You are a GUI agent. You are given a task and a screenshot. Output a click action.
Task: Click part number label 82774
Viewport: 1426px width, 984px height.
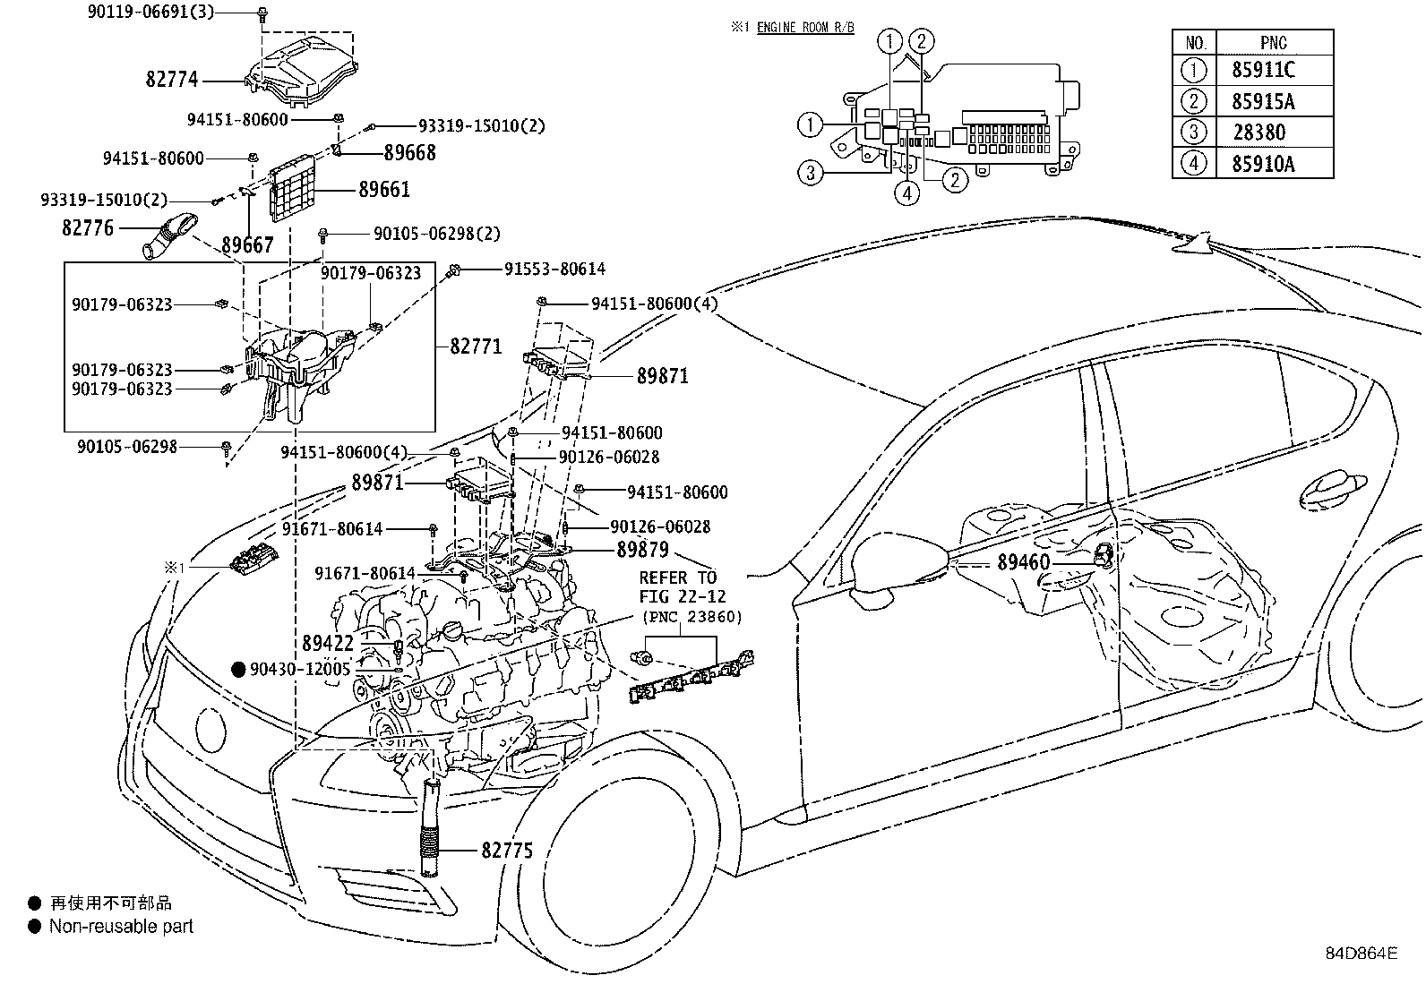(171, 80)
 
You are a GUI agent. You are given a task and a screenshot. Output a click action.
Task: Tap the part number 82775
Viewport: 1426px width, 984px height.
(506, 850)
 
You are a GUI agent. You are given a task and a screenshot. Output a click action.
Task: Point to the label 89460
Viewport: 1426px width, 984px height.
(1022, 562)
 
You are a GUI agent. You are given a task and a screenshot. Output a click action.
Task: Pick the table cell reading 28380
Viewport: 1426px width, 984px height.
(1258, 133)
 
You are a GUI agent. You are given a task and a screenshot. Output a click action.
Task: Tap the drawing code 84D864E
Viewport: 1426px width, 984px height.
(1361, 953)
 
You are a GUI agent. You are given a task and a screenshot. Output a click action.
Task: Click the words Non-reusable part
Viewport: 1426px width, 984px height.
(121, 927)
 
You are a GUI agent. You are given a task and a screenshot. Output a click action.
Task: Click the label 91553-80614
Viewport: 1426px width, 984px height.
(554, 269)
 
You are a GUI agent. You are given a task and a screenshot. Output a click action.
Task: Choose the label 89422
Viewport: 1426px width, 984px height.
(327, 643)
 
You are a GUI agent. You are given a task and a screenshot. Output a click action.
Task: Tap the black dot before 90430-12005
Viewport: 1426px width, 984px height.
(238, 669)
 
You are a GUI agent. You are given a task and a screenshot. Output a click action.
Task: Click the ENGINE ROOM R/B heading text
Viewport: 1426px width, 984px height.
(805, 28)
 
